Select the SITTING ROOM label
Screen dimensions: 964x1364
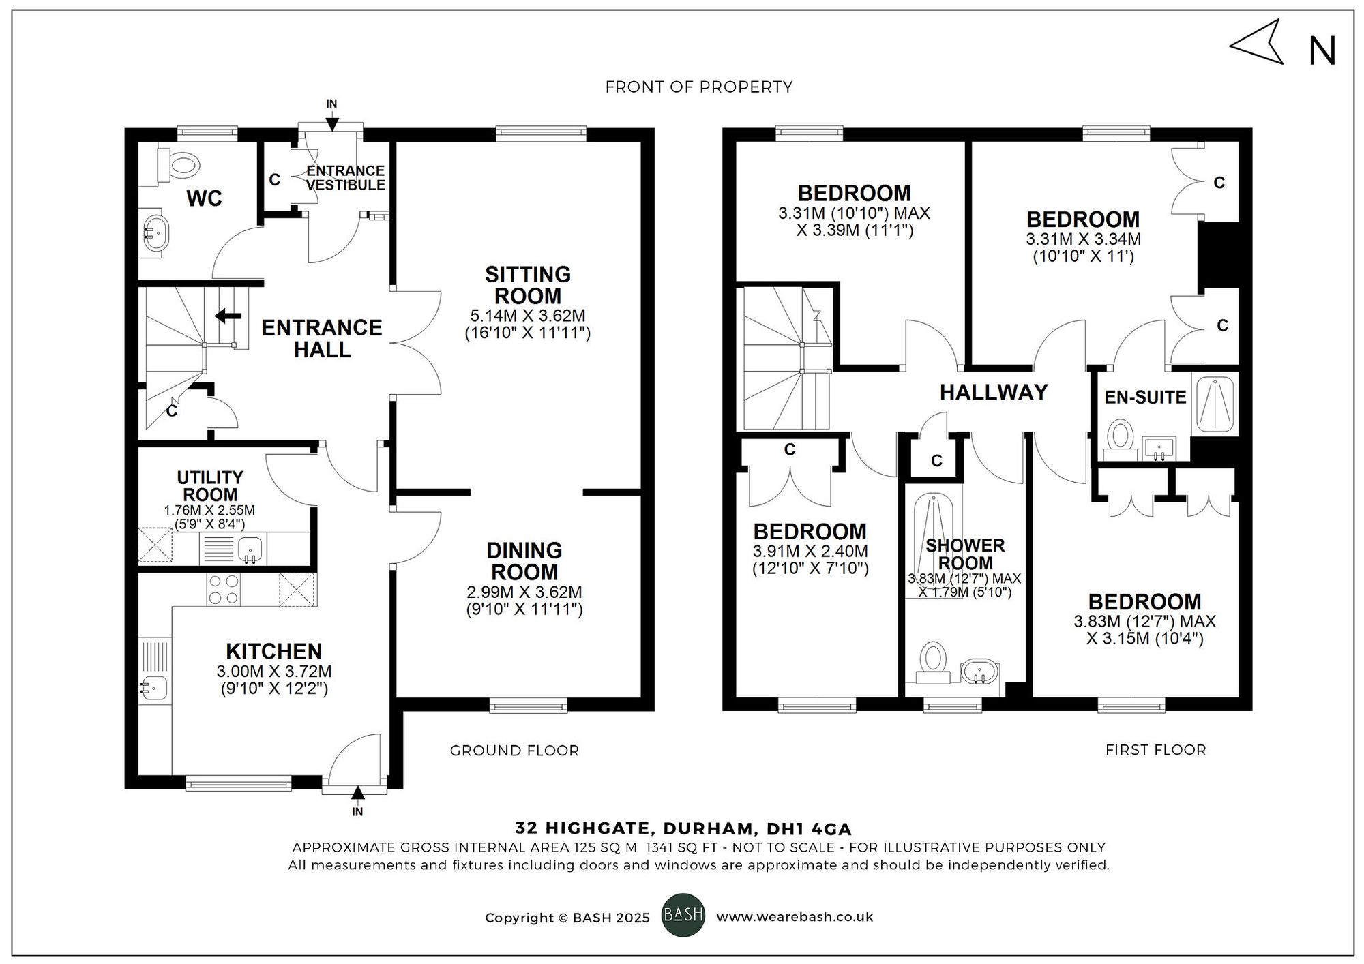527,285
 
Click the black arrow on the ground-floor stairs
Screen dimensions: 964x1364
228,316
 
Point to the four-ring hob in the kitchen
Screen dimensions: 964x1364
224,589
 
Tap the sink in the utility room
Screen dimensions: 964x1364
251,548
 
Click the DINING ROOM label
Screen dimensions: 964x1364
524,561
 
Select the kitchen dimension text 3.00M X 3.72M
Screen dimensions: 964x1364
274,672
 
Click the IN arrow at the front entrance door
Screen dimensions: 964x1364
331,123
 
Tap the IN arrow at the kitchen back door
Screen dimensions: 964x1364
357,792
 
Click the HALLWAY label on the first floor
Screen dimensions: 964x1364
993,392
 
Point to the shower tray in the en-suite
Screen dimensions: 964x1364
1215,405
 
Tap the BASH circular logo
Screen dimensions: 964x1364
683,915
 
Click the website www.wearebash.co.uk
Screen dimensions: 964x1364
795,917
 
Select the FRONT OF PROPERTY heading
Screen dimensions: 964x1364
698,87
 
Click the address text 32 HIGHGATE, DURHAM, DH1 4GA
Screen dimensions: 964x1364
683,829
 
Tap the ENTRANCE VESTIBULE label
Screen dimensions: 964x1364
345,178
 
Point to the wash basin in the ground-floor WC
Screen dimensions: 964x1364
158,232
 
